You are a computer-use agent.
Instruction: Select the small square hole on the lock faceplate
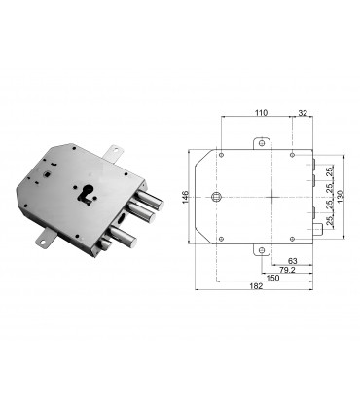(47, 175)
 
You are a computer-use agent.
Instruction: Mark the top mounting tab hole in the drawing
(261, 145)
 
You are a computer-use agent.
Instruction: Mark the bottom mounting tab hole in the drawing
(261, 249)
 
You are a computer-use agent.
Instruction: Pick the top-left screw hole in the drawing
(222, 153)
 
